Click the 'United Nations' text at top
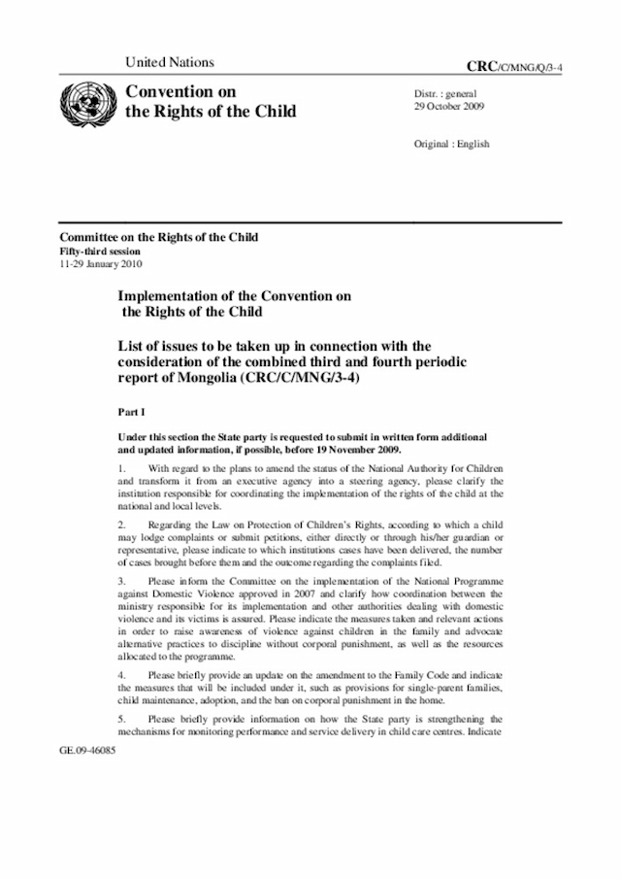[x=170, y=62]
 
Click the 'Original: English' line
[x=452, y=144]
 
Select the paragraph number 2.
[x=121, y=525]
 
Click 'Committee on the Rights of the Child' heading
[x=159, y=237]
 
